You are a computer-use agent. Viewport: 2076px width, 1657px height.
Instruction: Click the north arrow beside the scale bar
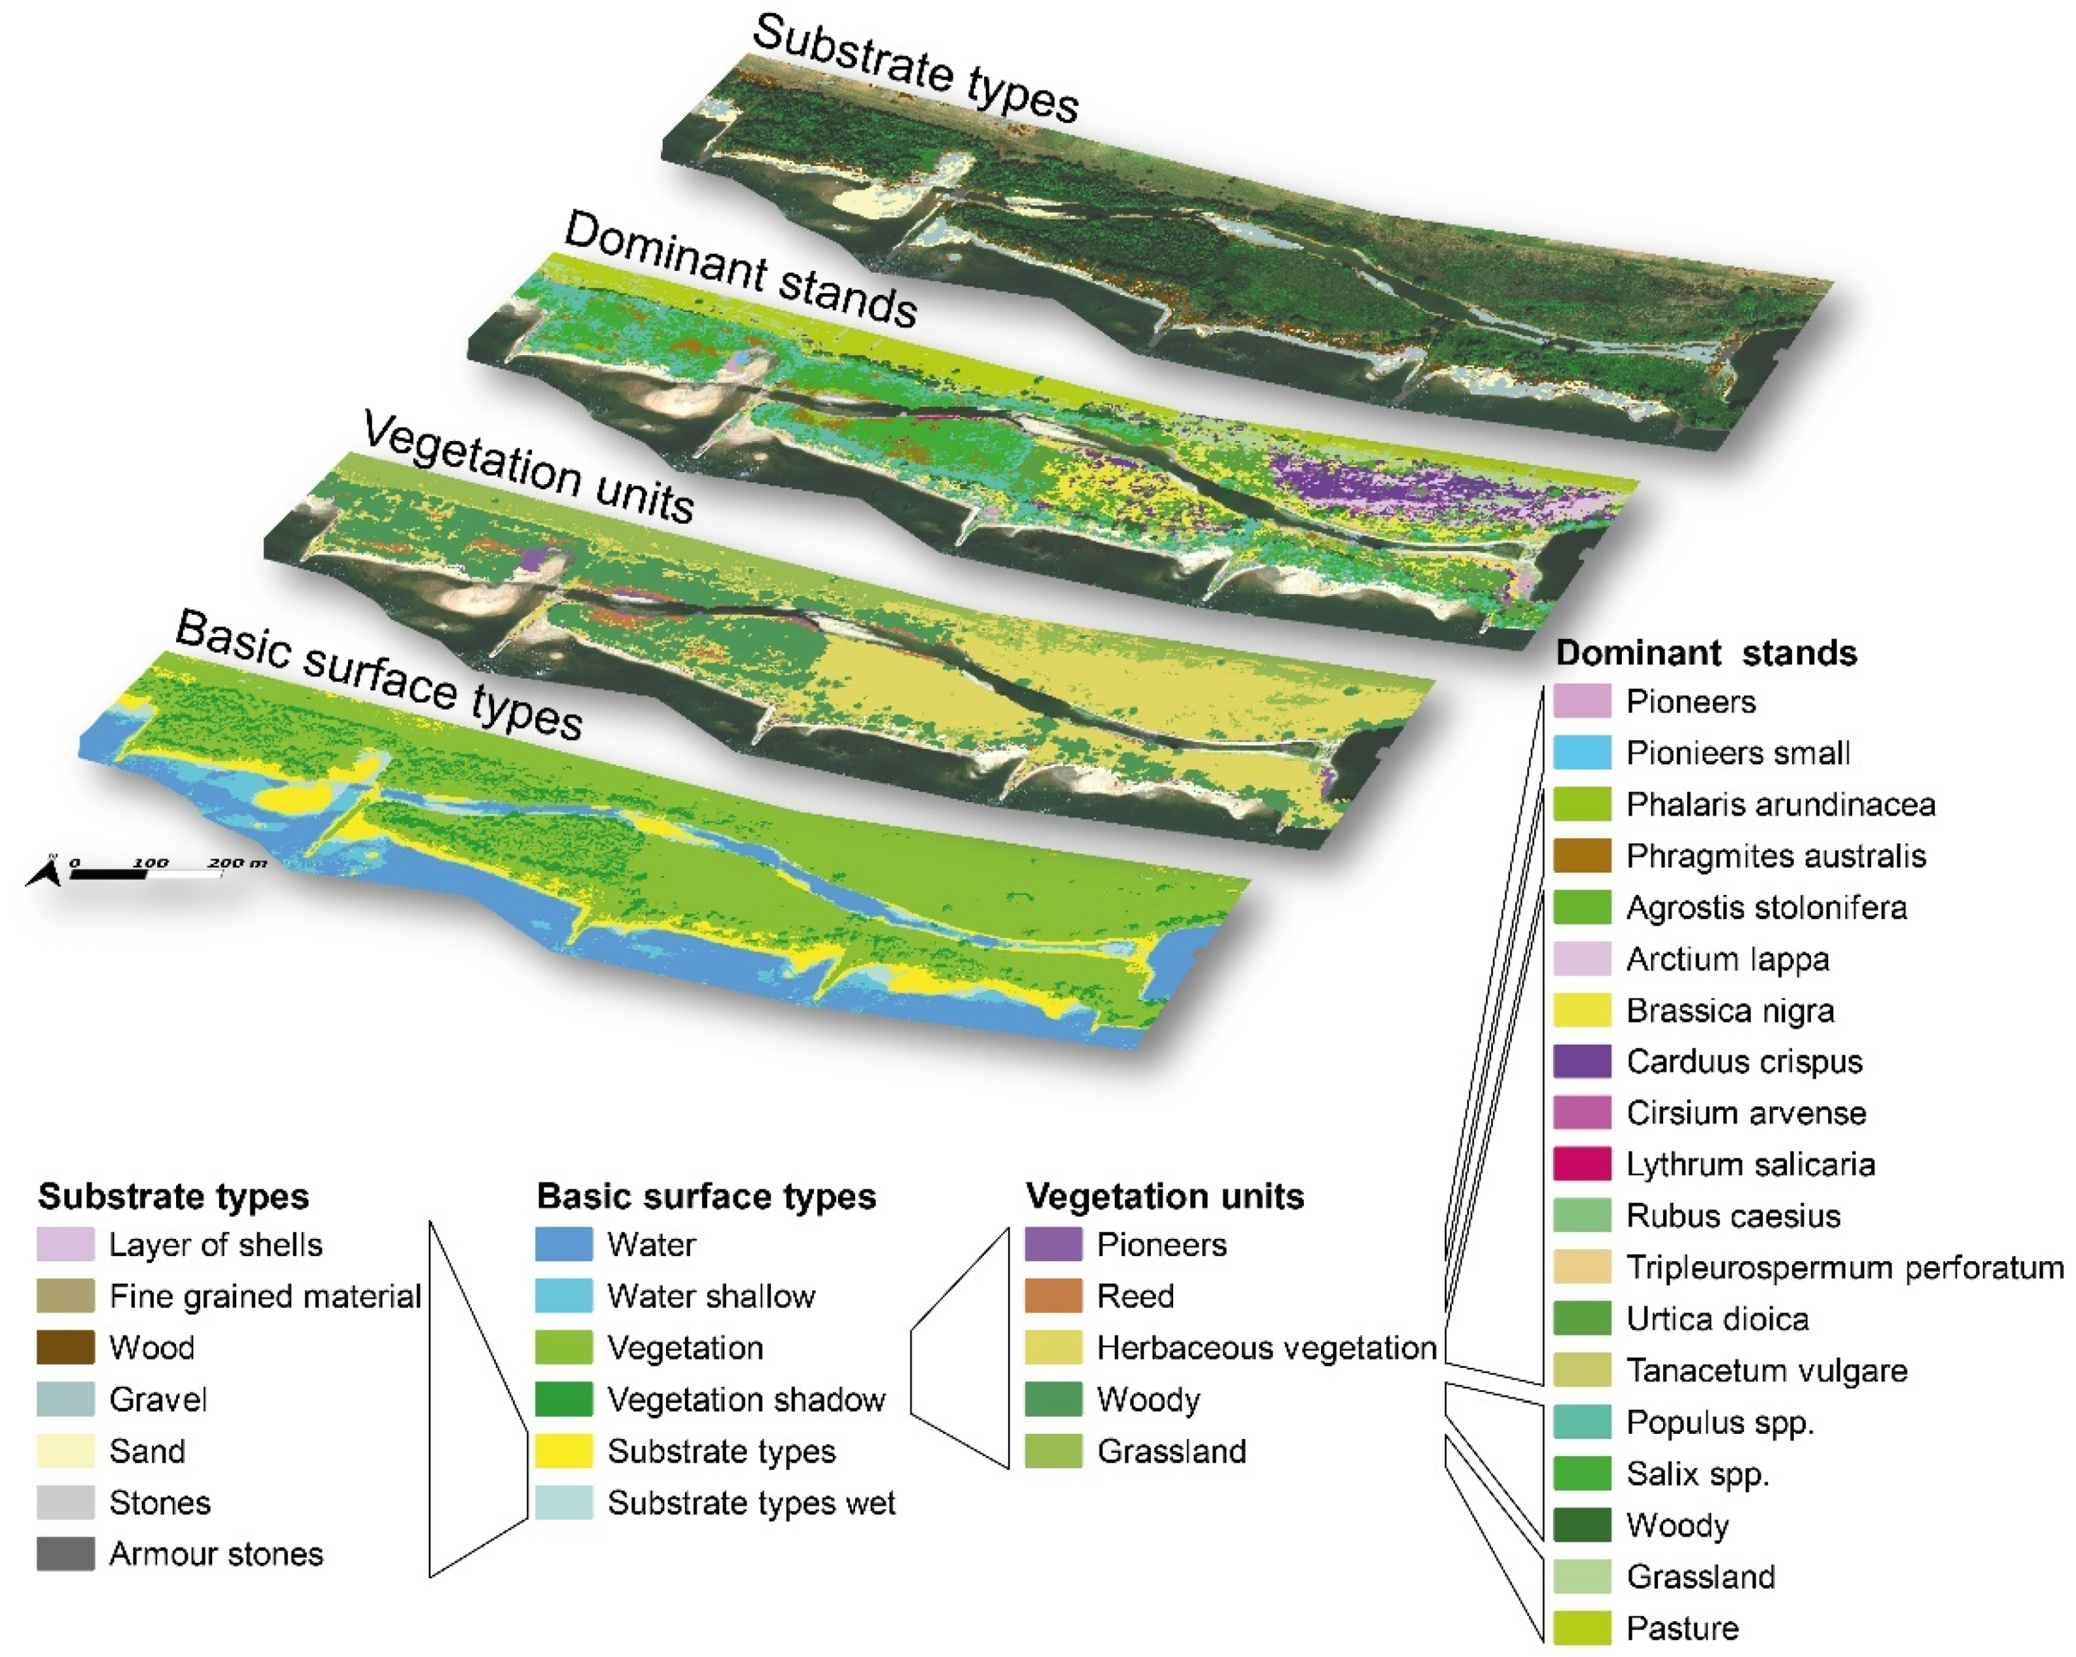click(47, 873)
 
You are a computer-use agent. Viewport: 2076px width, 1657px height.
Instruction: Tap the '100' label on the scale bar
click(151, 863)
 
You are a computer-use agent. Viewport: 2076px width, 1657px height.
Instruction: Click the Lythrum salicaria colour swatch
click(1581, 1164)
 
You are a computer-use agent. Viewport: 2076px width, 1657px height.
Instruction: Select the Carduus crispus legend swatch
click(1581, 1061)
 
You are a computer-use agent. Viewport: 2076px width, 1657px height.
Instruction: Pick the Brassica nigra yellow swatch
click(1581, 1010)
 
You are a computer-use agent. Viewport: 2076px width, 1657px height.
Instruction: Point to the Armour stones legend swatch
click(65, 1554)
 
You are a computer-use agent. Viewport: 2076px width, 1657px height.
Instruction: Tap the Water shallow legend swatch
click(563, 1296)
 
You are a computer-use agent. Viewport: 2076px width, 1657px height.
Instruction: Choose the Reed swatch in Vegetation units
click(1053, 1296)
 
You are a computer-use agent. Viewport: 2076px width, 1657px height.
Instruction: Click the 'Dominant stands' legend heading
click(1705, 653)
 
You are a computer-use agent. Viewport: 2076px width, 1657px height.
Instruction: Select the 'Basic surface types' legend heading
click(706, 1196)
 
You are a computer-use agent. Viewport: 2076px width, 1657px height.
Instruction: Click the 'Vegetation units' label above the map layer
click(527, 468)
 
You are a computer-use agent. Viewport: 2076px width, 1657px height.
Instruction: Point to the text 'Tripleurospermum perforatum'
click(1844, 1267)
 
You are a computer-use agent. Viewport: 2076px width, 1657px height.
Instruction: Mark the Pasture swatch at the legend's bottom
click(1581, 1628)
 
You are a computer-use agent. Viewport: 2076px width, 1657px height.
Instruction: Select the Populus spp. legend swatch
click(1581, 1422)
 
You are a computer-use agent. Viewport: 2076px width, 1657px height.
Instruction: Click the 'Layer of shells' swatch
click(65, 1244)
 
